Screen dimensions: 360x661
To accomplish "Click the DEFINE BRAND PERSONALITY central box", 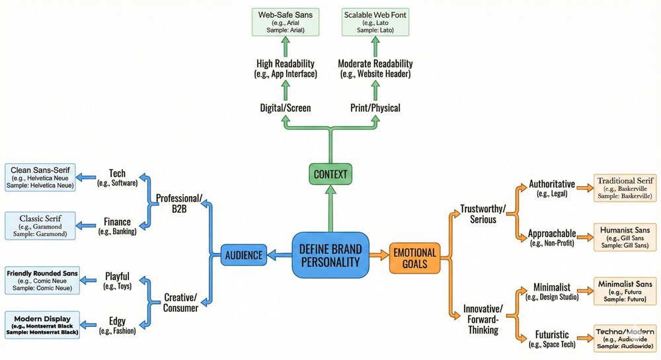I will click(x=330, y=254).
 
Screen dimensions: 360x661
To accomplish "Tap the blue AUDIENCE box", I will click(x=243, y=255).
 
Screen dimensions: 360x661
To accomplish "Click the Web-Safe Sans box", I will click(x=286, y=22).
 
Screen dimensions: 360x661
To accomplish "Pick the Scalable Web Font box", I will click(x=374, y=22).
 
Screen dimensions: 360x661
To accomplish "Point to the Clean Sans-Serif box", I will click(x=39, y=177).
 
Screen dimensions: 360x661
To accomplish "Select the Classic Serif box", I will click(x=40, y=225).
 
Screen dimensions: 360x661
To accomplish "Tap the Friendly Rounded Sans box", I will click(x=42, y=280).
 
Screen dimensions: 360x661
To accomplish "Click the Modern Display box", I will click(x=42, y=324).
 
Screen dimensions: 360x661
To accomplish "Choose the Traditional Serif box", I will click(x=625, y=188).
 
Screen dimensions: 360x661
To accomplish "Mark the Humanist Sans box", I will click(x=625, y=237).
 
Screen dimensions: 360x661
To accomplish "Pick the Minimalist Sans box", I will click(x=625, y=291).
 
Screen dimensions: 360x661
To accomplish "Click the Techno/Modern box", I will click(x=625, y=337).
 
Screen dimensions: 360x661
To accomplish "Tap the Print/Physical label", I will click(x=374, y=108).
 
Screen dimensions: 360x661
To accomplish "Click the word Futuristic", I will click(x=553, y=335).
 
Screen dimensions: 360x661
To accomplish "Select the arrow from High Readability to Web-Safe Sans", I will click(x=286, y=47).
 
